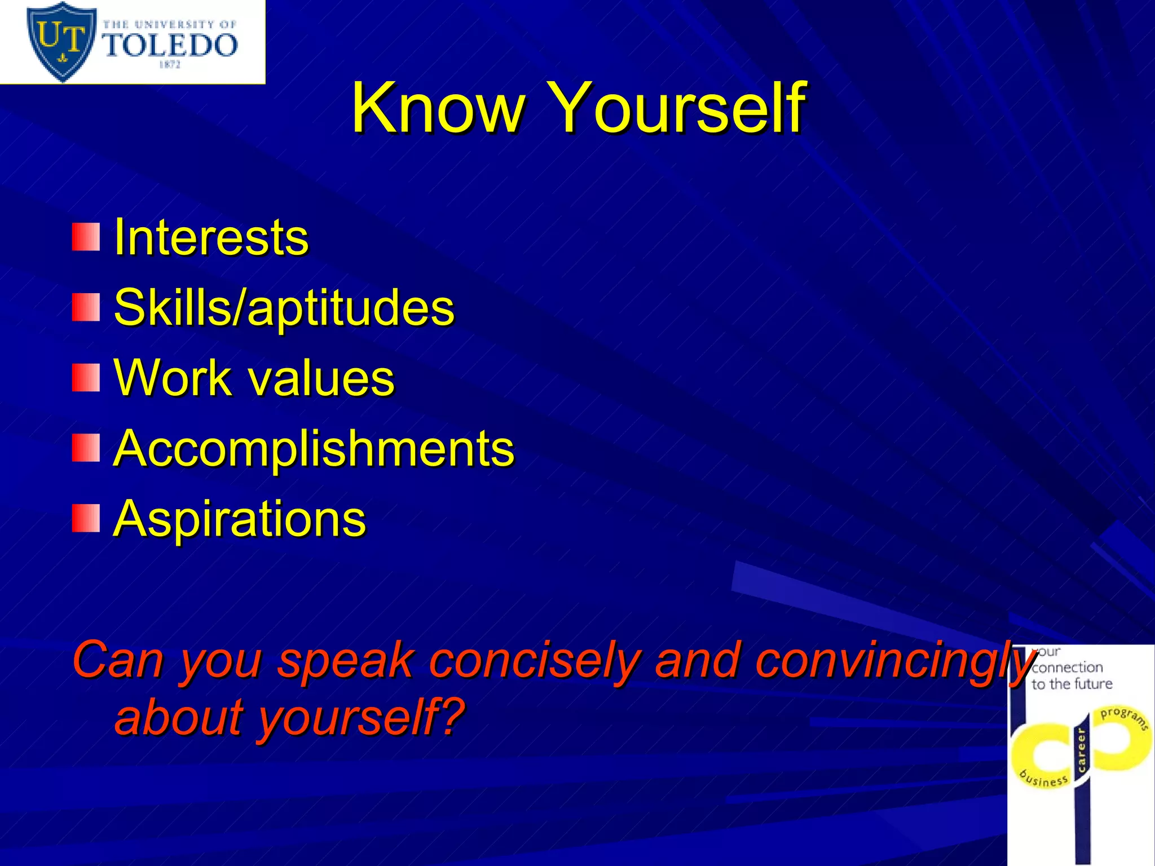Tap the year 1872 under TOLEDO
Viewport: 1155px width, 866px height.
[169, 65]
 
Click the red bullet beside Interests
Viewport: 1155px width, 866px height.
[86, 237]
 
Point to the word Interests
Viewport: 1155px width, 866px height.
[211, 237]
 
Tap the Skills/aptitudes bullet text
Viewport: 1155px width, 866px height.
[284, 308]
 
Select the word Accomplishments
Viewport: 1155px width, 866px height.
[314, 448]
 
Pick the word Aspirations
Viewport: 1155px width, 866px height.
[240, 519]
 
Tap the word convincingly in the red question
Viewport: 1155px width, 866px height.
[894, 661]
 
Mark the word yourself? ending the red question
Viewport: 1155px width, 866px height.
[361, 717]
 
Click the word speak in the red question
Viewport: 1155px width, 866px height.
[345, 661]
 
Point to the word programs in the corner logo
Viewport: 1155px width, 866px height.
[1123, 718]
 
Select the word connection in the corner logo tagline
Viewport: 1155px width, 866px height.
[1067, 668]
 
